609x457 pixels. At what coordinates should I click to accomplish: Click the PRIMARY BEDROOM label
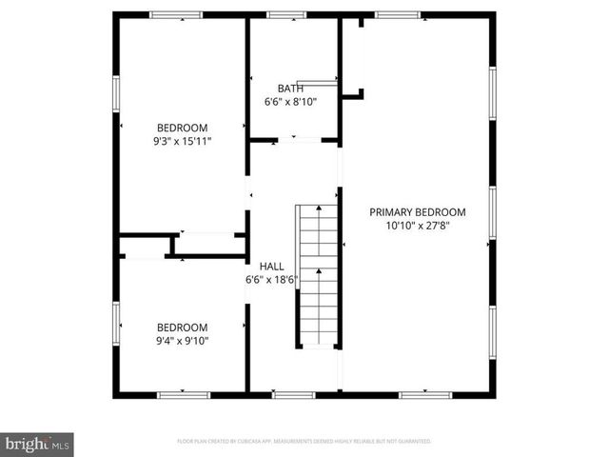click(x=417, y=212)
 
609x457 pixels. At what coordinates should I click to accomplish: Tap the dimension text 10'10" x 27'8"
click(x=417, y=226)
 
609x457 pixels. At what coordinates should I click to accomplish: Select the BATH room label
click(x=290, y=88)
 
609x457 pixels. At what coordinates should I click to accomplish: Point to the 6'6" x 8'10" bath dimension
click(x=290, y=101)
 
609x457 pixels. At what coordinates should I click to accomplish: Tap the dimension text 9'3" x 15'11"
click(x=182, y=141)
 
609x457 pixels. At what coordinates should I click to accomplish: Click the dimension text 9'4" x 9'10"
click(x=182, y=340)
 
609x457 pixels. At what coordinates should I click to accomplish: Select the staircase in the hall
click(x=318, y=276)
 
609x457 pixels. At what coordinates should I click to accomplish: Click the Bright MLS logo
click(x=38, y=443)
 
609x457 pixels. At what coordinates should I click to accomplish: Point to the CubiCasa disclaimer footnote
click(x=304, y=442)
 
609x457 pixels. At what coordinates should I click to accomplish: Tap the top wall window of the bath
click(x=281, y=14)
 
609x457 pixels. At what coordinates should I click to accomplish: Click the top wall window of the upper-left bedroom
click(x=177, y=14)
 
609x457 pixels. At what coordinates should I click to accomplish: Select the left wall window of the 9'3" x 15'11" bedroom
click(x=115, y=92)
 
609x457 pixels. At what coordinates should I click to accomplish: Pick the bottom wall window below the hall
click(x=287, y=394)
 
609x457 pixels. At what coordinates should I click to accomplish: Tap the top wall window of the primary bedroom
click(x=398, y=14)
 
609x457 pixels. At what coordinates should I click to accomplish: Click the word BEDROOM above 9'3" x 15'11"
click(x=182, y=128)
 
